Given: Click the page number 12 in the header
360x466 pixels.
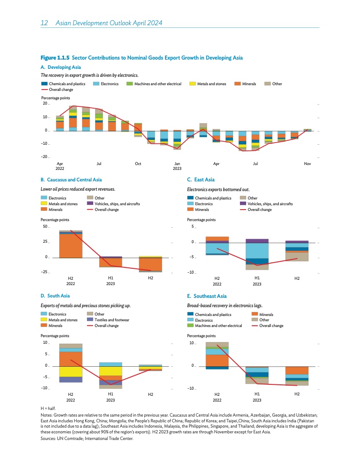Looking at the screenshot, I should coord(44,23).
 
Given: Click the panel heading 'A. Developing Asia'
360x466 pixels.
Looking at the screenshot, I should coord(61,67).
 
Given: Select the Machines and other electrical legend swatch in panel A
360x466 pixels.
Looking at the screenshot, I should coord(130,84).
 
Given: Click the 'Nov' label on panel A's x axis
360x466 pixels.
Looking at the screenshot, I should coord(307,164).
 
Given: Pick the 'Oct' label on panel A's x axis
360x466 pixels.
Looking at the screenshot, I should coord(138,164).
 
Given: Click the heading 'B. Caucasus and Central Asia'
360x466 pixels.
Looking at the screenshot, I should coord(71,180).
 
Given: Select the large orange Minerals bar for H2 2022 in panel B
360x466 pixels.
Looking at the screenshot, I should coord(71,246).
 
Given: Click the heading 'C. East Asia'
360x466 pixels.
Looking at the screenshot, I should coord(201,180).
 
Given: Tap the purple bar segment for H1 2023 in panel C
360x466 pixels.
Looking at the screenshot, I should coord(257,241).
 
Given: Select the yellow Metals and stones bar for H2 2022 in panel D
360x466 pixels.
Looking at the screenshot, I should coord(71,372).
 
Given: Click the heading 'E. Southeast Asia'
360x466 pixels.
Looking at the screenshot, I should coord(207,296).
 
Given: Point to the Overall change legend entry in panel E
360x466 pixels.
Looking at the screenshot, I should coord(271,326).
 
